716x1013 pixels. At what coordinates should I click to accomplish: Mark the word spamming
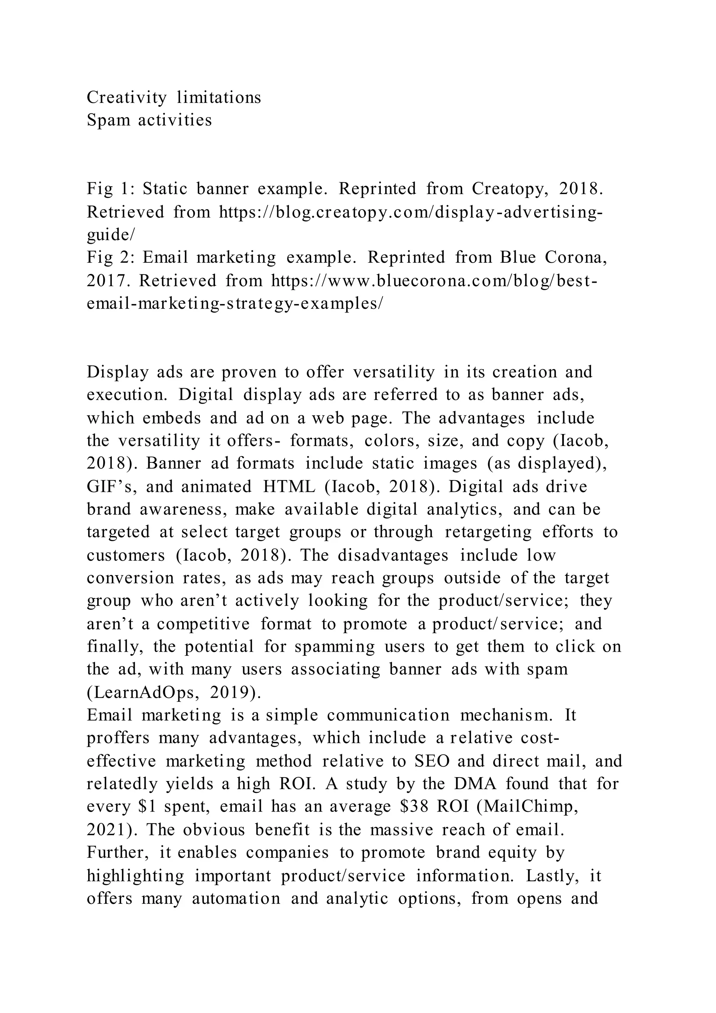(x=335, y=647)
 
